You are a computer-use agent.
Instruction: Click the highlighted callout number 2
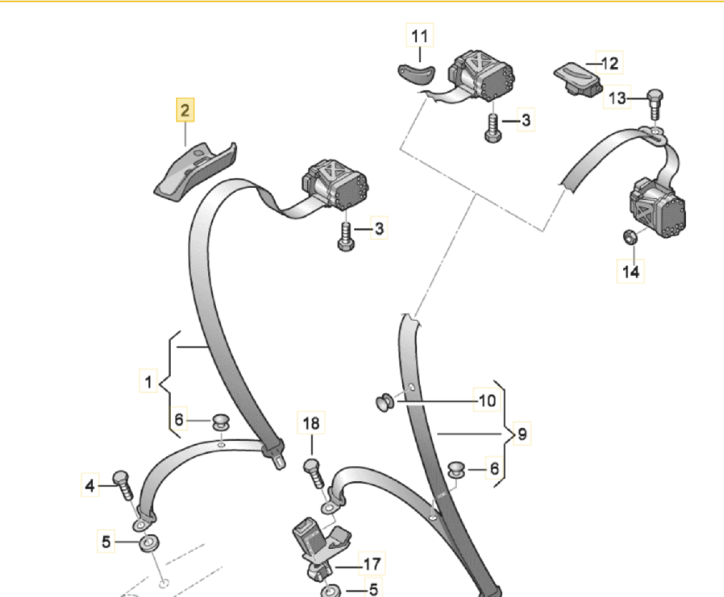tap(185, 110)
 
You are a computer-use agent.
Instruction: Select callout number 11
tap(420, 36)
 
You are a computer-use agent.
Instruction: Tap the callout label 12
tap(610, 63)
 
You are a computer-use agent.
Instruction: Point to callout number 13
tap(617, 97)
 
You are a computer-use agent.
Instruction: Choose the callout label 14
tap(630, 271)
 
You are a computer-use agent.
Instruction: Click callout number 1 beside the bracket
tap(148, 380)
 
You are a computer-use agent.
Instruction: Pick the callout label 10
tap(487, 400)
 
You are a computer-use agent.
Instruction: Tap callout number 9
tap(522, 434)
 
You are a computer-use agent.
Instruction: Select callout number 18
tap(311, 423)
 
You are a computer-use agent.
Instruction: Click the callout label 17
tap(372, 564)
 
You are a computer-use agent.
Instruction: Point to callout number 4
tap(90, 485)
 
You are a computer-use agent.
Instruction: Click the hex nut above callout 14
tap(630, 237)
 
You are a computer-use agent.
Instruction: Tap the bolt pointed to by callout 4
tap(123, 486)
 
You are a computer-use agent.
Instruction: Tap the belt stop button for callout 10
tap(385, 403)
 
